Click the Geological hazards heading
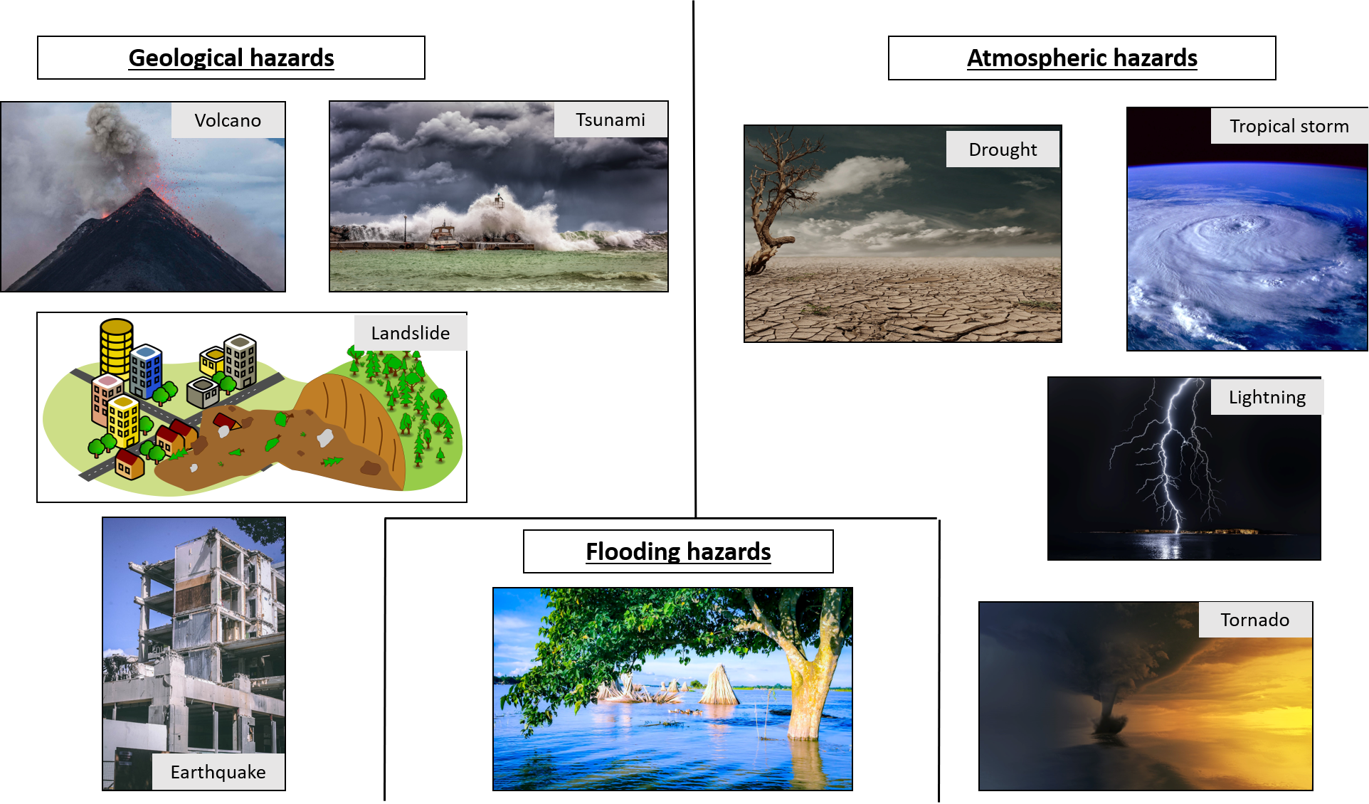click(x=231, y=58)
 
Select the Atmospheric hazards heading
click(x=1082, y=58)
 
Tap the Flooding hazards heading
click(x=678, y=551)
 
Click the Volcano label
click(x=228, y=120)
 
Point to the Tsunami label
click(x=610, y=120)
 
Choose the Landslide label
click(x=411, y=333)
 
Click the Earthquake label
click(x=218, y=772)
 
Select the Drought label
click(x=1003, y=149)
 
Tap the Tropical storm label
click(x=1289, y=126)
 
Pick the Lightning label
click(x=1267, y=397)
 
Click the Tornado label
click(x=1255, y=620)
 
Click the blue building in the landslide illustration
click(x=146, y=371)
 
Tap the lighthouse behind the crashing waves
click(x=499, y=200)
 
